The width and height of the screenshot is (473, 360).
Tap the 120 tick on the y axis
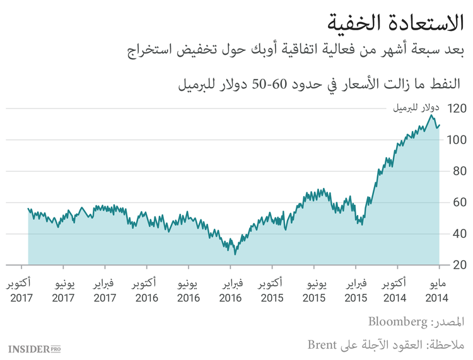point(456,108)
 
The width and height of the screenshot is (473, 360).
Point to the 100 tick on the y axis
point(456,139)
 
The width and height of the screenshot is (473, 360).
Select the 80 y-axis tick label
point(458,171)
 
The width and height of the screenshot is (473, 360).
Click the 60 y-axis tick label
point(458,202)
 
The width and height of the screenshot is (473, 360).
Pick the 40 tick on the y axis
point(458,234)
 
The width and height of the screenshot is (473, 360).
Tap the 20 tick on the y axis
point(458,265)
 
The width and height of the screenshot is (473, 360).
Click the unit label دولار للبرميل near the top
point(417,108)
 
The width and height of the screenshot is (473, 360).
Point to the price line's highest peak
point(431,115)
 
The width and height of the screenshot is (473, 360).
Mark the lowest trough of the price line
point(235,254)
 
